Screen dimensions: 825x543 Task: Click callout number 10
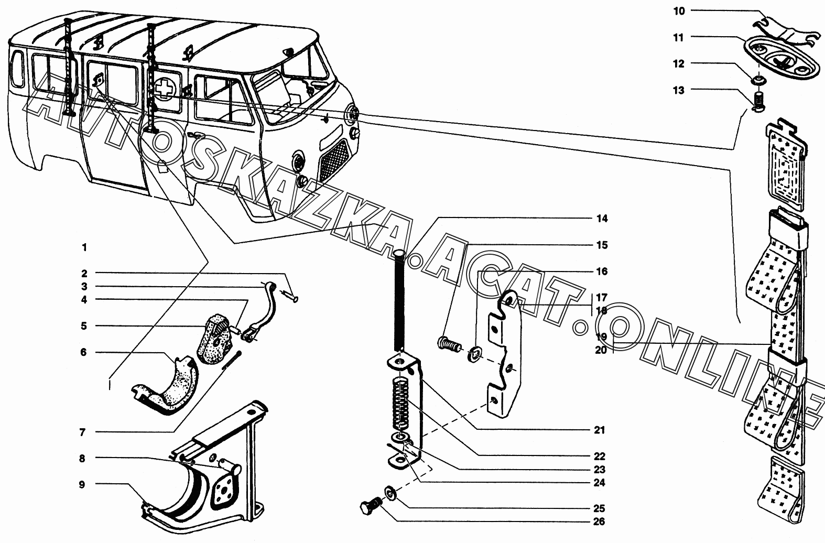(679, 11)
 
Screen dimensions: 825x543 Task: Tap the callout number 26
(599, 522)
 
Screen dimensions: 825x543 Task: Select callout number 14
(602, 219)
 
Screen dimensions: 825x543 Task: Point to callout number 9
(82, 484)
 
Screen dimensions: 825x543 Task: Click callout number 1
(84, 247)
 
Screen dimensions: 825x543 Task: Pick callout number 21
(599, 430)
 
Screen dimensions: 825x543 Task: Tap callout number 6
(83, 352)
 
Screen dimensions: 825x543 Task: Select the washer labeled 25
(390, 493)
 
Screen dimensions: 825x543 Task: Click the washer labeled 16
(474, 354)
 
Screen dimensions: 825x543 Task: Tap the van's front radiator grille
(334, 160)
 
